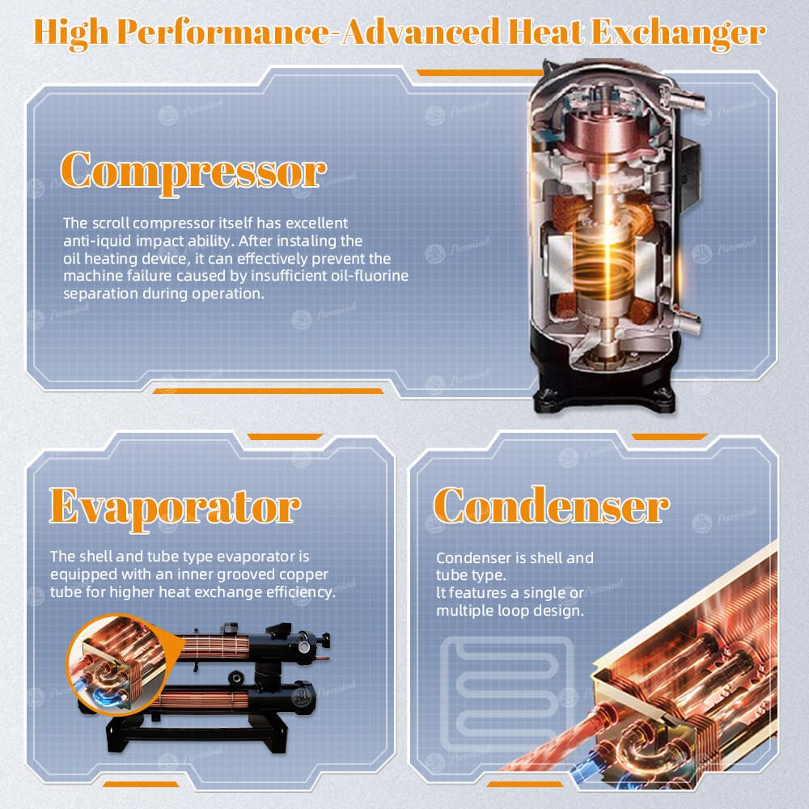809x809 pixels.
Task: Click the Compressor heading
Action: point(193,172)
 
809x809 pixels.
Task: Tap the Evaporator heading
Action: point(175,508)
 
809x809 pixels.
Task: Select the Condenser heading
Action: point(551,506)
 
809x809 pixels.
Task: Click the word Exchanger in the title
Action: point(678,33)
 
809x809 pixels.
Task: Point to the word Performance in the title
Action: point(222,33)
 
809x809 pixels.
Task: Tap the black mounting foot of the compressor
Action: point(604,399)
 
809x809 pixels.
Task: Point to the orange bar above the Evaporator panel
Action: point(286,437)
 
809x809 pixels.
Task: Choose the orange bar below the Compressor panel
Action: point(269,391)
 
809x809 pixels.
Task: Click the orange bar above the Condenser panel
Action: point(669,437)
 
